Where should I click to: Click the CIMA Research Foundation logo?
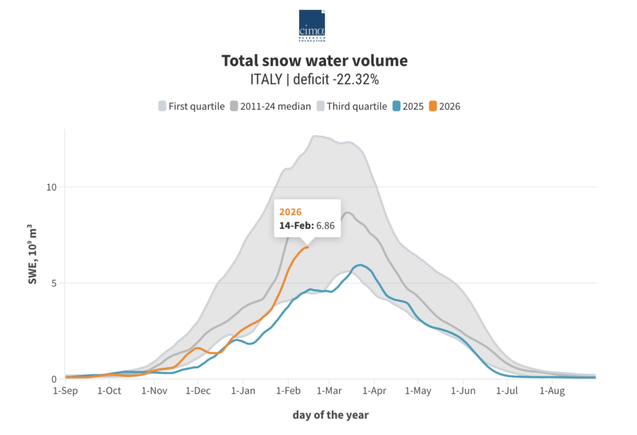[312, 26]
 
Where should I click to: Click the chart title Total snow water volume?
[315, 61]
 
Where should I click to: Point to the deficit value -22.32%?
[360, 80]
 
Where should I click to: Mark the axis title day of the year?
[330, 414]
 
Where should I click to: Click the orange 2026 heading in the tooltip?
[291, 212]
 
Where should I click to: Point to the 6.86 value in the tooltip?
[325, 226]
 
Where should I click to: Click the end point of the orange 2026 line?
[307, 247]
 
